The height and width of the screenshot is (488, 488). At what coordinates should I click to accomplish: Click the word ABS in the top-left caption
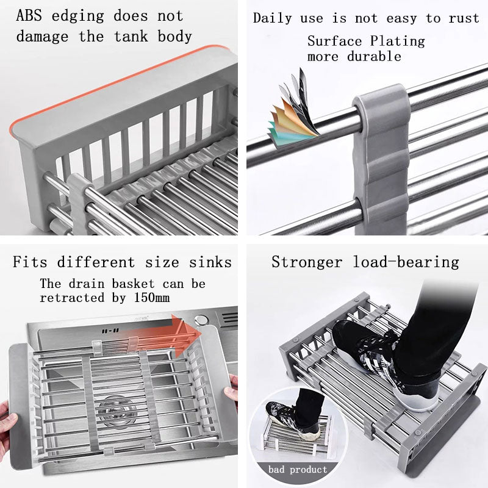pos(29,16)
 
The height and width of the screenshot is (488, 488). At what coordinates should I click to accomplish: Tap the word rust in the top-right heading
pos(464,18)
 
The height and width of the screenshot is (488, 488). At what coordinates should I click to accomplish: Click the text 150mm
pos(151,298)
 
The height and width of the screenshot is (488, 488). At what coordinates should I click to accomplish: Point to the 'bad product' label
pos(298,469)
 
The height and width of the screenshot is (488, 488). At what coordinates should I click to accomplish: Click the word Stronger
pos(307,262)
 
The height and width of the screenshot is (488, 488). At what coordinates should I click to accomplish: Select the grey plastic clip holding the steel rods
pos(382,159)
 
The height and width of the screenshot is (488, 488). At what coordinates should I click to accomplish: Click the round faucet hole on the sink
pos(201,320)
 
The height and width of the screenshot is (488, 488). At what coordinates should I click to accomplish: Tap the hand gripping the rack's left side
pos(7,427)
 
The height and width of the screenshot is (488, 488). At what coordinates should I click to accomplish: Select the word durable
pos(374,57)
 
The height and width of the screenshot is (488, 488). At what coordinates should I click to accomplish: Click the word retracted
pos(72,298)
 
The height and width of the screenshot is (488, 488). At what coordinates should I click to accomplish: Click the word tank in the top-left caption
pos(131,37)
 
